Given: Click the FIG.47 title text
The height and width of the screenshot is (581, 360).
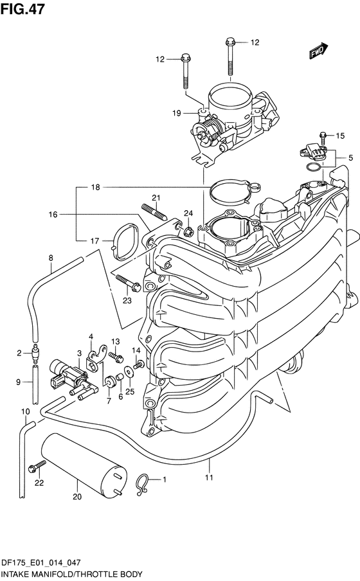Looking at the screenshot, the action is tap(22, 8).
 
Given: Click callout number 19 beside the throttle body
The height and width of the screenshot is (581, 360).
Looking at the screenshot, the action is tap(177, 113).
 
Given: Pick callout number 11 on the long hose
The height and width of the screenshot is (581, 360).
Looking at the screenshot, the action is tap(209, 478).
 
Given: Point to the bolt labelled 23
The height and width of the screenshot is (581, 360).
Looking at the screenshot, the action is tap(128, 282).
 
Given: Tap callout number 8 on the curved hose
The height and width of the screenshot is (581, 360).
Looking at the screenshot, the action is tap(51, 258).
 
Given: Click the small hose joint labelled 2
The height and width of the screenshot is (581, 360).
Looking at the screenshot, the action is tap(35, 353).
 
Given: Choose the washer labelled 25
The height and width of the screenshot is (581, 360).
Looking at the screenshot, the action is tap(129, 371).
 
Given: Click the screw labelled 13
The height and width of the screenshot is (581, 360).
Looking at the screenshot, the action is tap(116, 357).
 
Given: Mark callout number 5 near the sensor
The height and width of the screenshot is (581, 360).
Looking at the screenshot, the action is tap(350, 158).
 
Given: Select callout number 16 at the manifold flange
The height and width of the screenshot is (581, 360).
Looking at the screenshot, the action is tap(53, 214).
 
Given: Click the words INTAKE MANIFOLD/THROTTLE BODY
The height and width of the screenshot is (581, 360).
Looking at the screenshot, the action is tap(72, 575).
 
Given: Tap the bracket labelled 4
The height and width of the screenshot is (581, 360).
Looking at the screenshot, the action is tap(96, 357).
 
